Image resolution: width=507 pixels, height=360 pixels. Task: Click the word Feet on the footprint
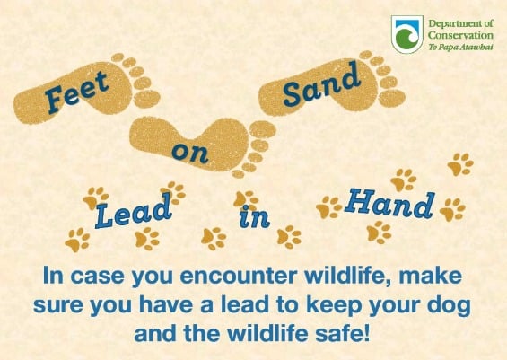(76, 92)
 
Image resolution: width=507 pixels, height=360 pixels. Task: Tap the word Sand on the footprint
(321, 84)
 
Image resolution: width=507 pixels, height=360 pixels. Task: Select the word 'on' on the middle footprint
(190, 153)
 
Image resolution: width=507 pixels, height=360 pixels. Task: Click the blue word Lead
(133, 211)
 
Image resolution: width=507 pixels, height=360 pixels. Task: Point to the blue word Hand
(389, 204)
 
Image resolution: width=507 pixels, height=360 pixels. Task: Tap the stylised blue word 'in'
(255, 216)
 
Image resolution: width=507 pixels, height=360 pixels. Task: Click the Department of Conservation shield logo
(407, 34)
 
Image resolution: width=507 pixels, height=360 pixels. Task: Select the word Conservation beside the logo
(461, 35)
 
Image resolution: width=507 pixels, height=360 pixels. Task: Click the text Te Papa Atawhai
(461, 48)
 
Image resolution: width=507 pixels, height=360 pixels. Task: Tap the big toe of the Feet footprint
(147, 100)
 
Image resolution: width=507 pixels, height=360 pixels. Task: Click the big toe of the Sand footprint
(392, 98)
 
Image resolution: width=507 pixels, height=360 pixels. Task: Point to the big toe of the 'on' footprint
(263, 129)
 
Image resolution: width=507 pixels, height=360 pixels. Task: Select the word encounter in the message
(239, 277)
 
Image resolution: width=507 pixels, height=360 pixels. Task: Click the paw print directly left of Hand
(328, 207)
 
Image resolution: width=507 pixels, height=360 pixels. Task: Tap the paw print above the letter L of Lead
(96, 198)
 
